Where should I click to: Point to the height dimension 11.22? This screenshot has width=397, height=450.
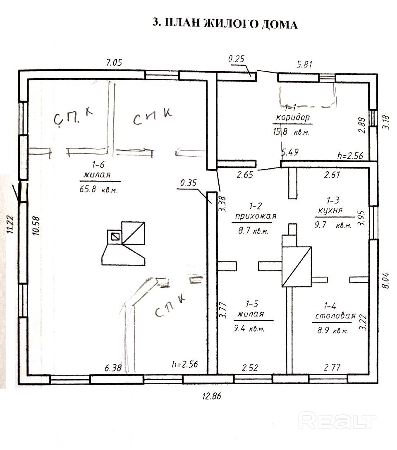coord(9,224)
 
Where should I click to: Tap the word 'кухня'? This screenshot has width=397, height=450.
coord(330,210)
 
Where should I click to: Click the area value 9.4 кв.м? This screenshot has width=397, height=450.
coord(251,329)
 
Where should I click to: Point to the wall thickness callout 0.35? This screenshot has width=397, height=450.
coord(188,182)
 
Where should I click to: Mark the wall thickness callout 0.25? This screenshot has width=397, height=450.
coord(236,60)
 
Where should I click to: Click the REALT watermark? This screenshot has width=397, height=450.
coord(337,421)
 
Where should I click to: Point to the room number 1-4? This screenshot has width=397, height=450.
coord(330,306)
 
